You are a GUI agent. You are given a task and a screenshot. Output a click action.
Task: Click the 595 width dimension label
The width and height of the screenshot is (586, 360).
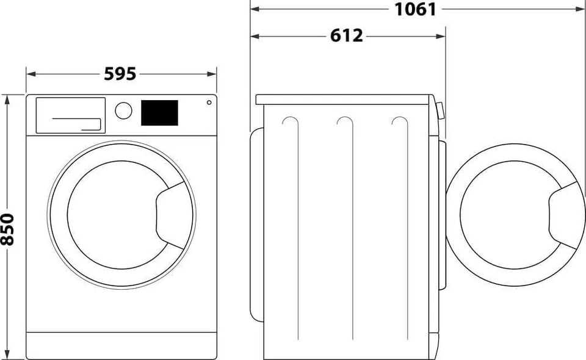point(120,74)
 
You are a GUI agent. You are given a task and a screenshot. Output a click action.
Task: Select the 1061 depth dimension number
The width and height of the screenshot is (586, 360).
point(415,9)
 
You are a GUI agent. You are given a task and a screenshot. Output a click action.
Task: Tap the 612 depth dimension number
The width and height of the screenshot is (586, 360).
point(347,36)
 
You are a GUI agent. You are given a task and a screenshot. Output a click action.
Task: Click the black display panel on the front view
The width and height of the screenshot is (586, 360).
point(159,113)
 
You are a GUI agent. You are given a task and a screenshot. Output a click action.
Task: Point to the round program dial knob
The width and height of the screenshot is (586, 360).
point(123,110)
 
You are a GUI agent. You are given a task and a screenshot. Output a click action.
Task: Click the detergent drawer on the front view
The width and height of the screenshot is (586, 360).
point(70,115)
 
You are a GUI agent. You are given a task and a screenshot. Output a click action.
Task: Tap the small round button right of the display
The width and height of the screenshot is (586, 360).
point(209,102)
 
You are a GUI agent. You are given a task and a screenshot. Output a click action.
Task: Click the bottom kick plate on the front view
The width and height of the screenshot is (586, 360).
point(121,345)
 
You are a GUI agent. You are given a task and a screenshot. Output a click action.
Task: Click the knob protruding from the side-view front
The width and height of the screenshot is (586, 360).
point(440,109)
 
